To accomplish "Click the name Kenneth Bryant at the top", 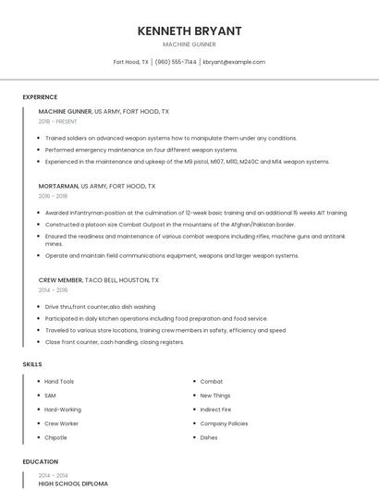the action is click(x=189, y=31).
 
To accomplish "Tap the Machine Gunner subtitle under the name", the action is click(x=189, y=44).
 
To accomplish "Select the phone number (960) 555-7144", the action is click(x=176, y=62).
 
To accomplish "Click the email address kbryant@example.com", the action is click(x=234, y=62).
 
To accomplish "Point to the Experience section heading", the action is click(x=40, y=97).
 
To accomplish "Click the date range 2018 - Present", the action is click(x=59, y=121).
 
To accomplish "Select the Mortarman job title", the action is click(x=59, y=186).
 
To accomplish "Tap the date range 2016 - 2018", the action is click(x=53, y=196).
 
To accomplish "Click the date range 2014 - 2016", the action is click(x=53, y=289).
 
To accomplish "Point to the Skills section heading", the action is click(x=32, y=364).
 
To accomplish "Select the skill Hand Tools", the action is click(x=59, y=382).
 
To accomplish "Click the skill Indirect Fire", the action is click(x=215, y=410).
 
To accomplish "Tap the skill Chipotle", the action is click(x=55, y=437).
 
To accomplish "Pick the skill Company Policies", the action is click(x=224, y=423).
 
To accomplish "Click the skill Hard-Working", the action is click(x=63, y=410).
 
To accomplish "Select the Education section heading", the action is click(x=40, y=461).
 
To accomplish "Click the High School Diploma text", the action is click(x=73, y=484).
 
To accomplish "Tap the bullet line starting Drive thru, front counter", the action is click(x=100, y=307).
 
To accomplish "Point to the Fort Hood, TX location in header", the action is click(x=130, y=62).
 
